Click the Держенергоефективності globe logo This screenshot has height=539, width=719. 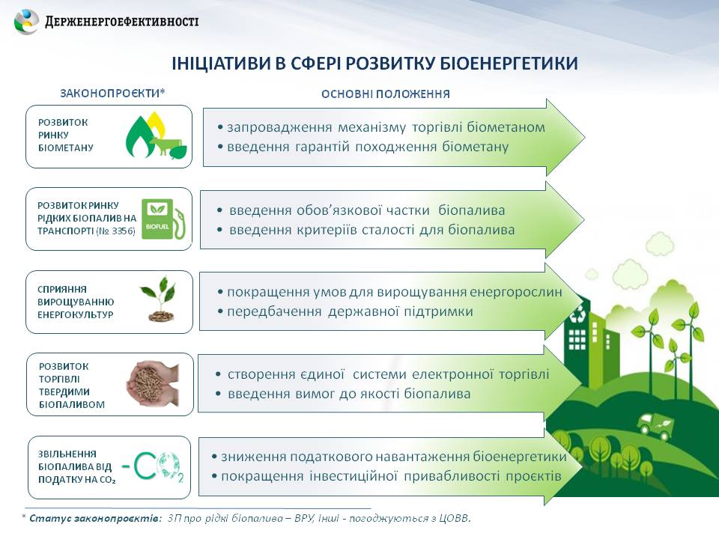(27, 22)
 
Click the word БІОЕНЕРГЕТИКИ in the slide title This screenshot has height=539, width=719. (509, 63)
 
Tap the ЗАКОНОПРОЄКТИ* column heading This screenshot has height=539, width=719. (112, 93)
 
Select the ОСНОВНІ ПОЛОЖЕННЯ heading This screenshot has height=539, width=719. (386, 94)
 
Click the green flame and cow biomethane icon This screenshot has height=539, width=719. (156, 136)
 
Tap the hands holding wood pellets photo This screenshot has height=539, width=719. (153, 384)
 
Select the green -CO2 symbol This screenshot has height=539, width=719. (153, 467)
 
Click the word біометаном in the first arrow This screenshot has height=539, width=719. (506, 127)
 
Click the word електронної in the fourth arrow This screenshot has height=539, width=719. (451, 374)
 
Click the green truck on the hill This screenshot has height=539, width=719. (655, 424)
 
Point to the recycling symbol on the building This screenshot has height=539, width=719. (577, 314)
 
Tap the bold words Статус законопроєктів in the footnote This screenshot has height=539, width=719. (95, 518)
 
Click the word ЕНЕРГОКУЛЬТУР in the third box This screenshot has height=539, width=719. (75, 315)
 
